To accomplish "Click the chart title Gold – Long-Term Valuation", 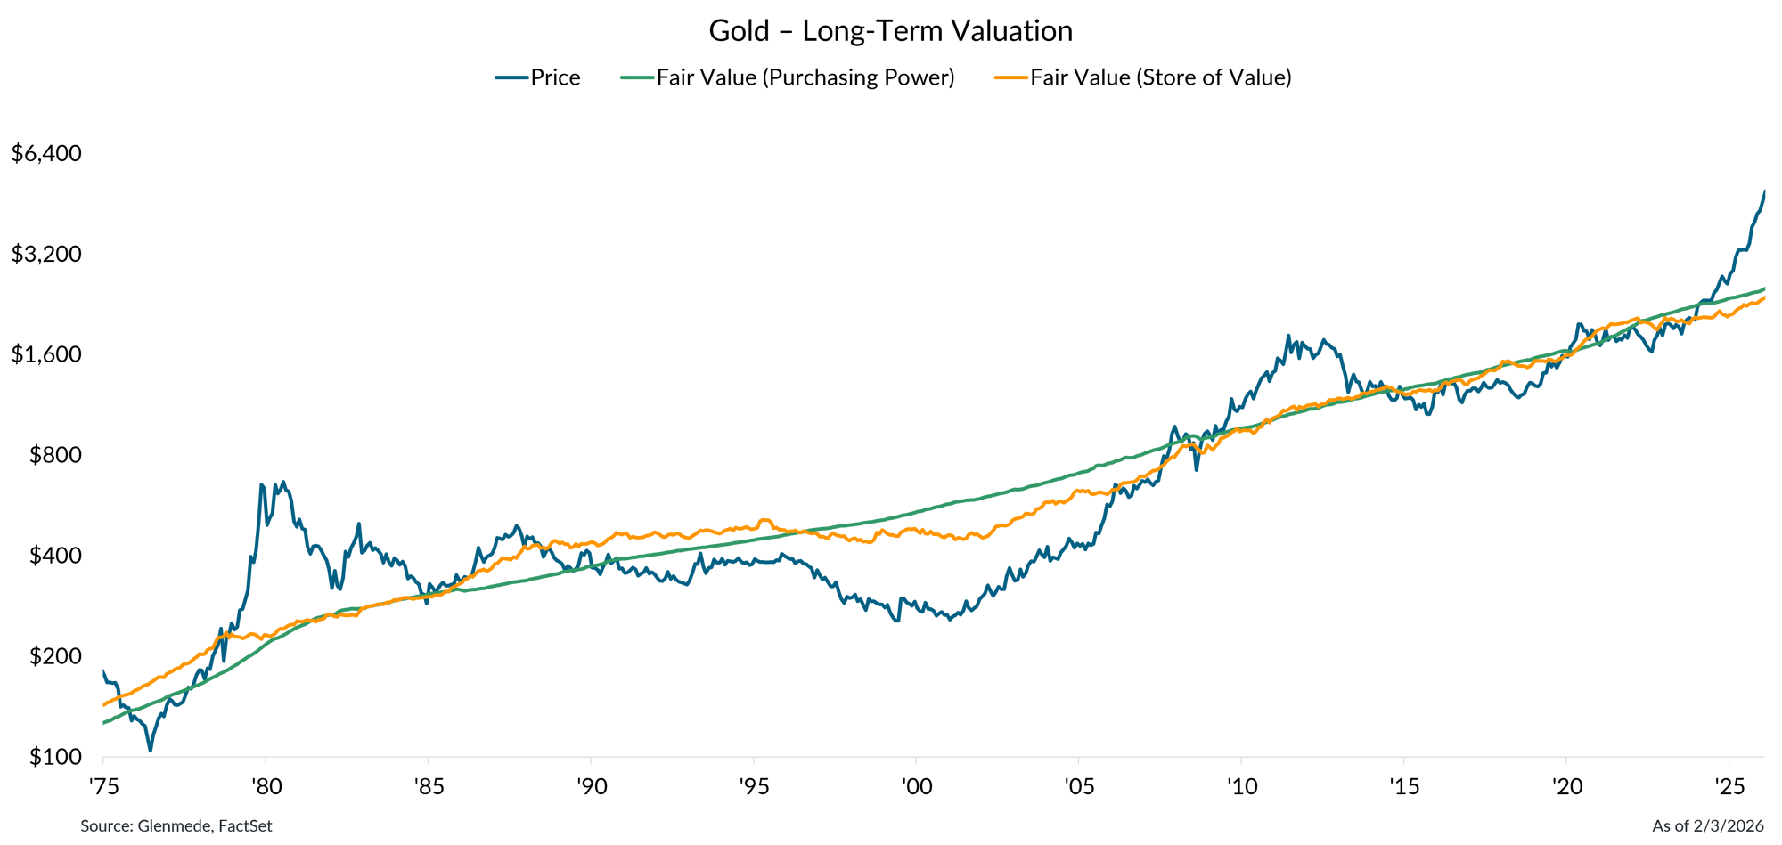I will click(x=890, y=31).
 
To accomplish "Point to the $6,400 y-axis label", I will click(x=46, y=153).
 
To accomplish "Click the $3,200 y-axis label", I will click(x=46, y=254).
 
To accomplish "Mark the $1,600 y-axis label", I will click(x=46, y=354).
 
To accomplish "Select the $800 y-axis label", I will click(x=55, y=455).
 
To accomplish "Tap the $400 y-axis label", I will click(x=55, y=556).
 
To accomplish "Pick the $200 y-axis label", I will click(x=55, y=656).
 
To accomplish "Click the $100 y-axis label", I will click(x=55, y=757).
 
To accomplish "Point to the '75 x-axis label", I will click(x=103, y=786).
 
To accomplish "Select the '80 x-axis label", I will click(x=266, y=786).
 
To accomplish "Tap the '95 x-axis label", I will click(x=754, y=786).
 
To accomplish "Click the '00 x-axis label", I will click(x=916, y=786).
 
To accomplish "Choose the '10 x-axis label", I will click(x=1241, y=786).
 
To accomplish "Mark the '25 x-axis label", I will click(x=1729, y=786).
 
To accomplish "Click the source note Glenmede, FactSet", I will click(x=176, y=826).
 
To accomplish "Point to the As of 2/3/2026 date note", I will click(x=1707, y=826).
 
